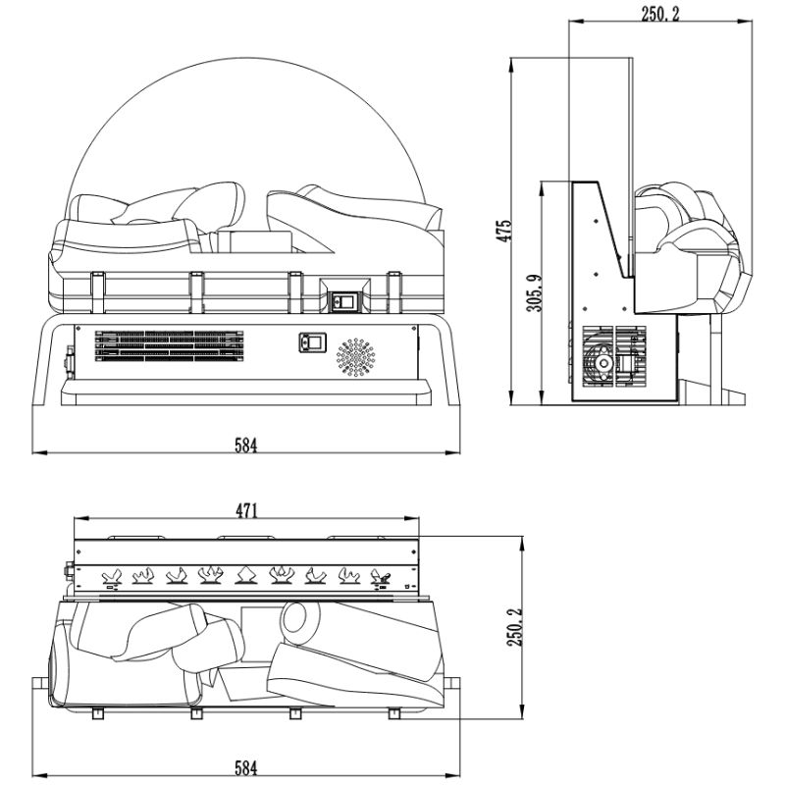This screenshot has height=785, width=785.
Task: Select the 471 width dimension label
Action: [x=246, y=510]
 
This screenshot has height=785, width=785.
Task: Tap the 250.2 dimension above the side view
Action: [x=659, y=13]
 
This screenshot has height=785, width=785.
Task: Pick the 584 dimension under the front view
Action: [x=245, y=445]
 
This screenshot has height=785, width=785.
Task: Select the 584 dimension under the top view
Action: [x=245, y=767]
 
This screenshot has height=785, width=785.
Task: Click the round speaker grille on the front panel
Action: [x=357, y=358]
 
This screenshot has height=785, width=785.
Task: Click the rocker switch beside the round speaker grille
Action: [x=311, y=343]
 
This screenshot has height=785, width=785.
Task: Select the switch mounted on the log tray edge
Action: [x=343, y=301]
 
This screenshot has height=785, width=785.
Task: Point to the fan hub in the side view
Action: [x=598, y=364]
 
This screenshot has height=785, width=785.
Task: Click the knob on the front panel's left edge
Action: [x=69, y=359]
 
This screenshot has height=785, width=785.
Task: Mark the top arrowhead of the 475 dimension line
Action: [x=513, y=62]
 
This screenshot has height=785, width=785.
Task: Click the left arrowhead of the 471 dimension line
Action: [x=78, y=519]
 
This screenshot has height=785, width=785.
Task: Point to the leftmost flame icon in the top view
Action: [x=111, y=576]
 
